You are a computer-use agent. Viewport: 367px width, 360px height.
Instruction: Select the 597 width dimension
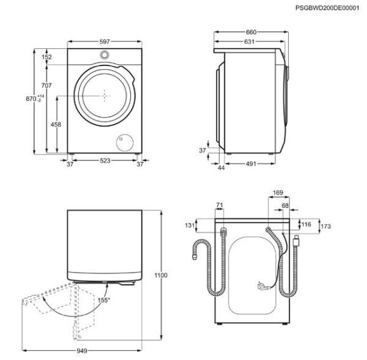[x=105, y=42]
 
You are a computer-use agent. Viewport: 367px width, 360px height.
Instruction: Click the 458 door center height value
[x=56, y=124]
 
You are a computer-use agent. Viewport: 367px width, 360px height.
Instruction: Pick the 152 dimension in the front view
[x=47, y=57]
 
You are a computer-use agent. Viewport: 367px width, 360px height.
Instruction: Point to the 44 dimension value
[x=221, y=167]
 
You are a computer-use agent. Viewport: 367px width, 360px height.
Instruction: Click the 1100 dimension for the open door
[x=161, y=276]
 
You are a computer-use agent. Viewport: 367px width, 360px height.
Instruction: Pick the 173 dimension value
[x=325, y=227]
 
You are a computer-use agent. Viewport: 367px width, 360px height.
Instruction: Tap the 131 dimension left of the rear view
[x=188, y=225]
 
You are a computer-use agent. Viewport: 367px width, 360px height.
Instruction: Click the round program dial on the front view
[x=105, y=54]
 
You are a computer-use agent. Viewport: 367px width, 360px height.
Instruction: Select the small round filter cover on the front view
[x=125, y=142]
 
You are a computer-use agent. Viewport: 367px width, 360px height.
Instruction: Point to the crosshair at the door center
[x=105, y=96]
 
